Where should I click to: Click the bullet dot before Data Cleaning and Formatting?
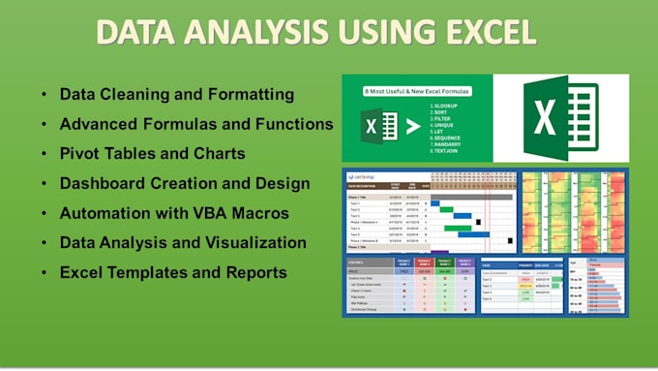pyautogui.click(x=44, y=96)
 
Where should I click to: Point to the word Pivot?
pyautogui.click(x=78, y=154)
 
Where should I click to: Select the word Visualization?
pyautogui.click(x=254, y=242)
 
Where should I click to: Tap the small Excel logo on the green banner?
pyautogui.click(x=379, y=127)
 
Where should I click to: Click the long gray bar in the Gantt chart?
pyautogui.click(x=471, y=197)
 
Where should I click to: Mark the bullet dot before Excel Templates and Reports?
pyautogui.click(x=44, y=272)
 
